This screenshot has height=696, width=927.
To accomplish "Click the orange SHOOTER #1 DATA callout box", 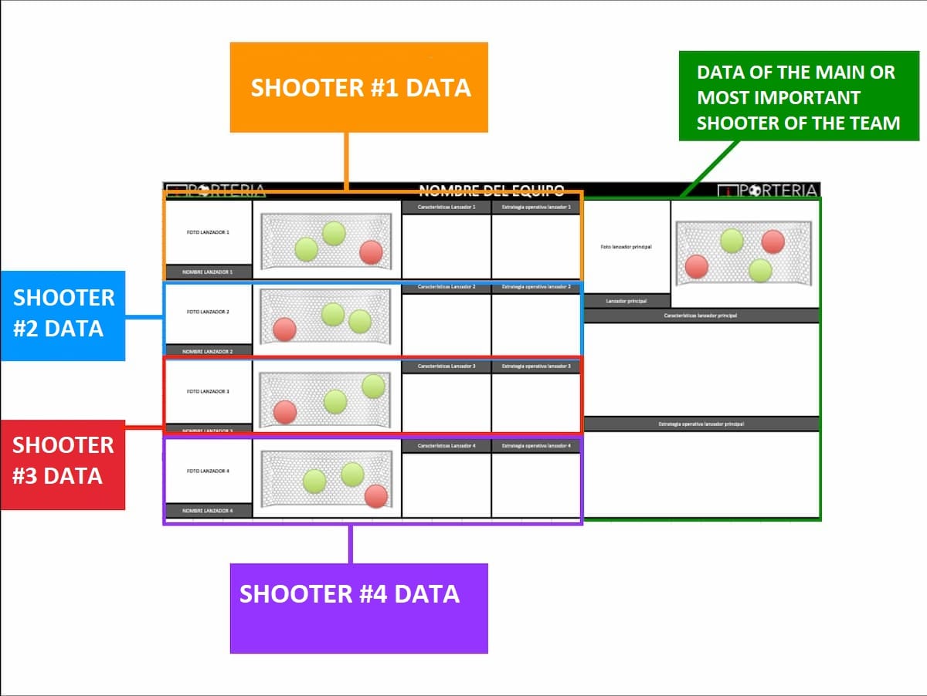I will coord(359,87).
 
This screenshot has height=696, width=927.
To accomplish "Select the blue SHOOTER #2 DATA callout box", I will coord(63,315).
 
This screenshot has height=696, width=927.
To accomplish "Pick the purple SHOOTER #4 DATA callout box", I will coord(359,608).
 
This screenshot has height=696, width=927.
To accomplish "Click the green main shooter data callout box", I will coord(798,96).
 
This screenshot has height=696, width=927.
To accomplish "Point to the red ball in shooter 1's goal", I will coord(372,252).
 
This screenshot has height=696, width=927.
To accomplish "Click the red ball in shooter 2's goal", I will coord(284,329).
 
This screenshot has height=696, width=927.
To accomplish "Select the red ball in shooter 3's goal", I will coord(285,412).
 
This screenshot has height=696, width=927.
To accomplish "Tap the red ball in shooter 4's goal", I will coord(376,496).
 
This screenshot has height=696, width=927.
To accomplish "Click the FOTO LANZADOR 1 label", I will coord(208,231).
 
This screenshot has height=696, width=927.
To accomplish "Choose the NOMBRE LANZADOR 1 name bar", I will coord(208,272).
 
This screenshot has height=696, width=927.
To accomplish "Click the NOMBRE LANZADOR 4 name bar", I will coord(208,511).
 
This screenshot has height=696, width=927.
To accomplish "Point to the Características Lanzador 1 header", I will coord(447,207).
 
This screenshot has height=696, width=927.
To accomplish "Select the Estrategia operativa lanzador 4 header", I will coord(536,446).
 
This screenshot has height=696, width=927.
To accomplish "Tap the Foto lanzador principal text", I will coord(626,247).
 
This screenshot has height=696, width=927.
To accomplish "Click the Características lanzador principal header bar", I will coord(701,316).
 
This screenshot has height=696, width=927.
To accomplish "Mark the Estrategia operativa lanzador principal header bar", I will coord(701,424).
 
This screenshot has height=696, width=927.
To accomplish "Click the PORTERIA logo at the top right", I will coord(768,191).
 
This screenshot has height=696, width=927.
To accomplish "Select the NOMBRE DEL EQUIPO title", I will coord(491,191).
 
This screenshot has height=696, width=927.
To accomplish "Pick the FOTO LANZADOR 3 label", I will coord(208,391).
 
